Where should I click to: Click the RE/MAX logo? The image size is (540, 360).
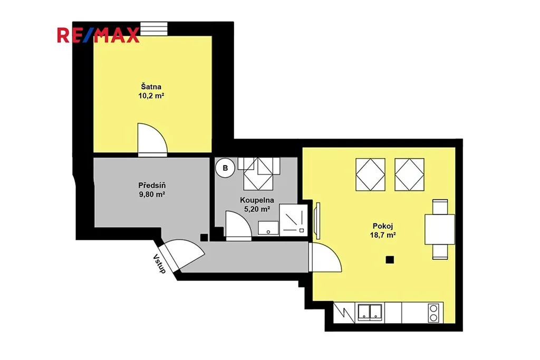point(99,35)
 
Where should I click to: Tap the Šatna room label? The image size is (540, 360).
point(151,87)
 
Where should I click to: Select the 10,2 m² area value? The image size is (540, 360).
point(151,96)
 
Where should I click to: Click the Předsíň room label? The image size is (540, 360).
point(152,185)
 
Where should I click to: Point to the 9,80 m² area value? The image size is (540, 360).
point(152,194)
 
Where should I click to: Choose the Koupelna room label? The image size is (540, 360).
point(257,200)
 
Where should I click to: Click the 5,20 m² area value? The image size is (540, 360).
point(257,209)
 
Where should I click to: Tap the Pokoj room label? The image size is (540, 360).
point(383,226)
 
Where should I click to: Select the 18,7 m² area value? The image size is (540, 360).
point(383,236)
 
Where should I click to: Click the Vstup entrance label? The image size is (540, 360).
point(159,264)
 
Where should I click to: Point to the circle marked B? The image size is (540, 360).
point(225,168)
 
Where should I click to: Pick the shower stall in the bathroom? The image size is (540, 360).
point(293,220)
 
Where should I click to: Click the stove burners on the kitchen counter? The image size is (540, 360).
point(433,313)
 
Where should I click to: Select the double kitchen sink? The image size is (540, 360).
point(370,312)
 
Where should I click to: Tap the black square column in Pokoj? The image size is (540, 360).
point(390,260)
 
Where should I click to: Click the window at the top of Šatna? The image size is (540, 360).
point(154,29)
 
